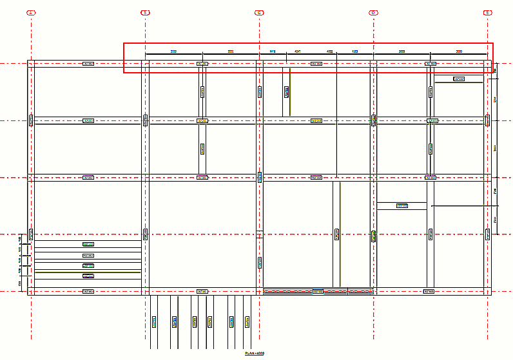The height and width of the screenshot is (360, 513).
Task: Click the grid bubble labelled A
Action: (31, 12)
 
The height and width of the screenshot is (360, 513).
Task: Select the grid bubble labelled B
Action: (146, 12)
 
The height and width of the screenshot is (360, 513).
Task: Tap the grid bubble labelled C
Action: (259, 12)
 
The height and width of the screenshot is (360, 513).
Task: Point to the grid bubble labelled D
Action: (373, 12)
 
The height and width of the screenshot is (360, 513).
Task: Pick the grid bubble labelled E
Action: (487, 12)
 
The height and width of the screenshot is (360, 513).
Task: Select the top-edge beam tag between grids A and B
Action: (88, 64)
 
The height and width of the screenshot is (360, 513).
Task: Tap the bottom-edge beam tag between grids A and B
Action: (88, 292)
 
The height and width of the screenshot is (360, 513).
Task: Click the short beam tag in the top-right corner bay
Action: (459, 79)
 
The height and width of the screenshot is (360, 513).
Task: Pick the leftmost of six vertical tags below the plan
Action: (153, 321)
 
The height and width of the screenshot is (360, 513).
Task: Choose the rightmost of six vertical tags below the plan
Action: (247, 321)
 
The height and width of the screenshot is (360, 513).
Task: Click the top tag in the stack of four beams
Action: (88, 244)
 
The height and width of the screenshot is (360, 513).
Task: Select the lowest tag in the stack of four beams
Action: (88, 276)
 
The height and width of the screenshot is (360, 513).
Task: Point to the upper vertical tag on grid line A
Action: (31, 120)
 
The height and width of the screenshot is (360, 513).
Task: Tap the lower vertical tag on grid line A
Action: (31, 234)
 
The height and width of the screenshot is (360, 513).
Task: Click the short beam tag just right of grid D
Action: (402, 206)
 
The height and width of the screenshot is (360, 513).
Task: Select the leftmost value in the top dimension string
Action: (173, 51)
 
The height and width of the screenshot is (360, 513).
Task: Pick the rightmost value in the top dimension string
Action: (459, 51)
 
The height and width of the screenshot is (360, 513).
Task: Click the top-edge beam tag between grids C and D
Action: (316, 64)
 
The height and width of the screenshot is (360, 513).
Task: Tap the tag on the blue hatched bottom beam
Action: (318, 292)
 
